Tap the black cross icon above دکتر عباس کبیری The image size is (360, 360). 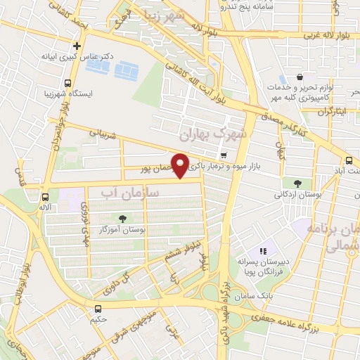(77, 44)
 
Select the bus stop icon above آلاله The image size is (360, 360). (46, 198)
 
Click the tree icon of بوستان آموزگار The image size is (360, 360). (123, 218)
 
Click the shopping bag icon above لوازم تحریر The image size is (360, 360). (300, 77)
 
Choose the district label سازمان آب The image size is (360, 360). (130, 192)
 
